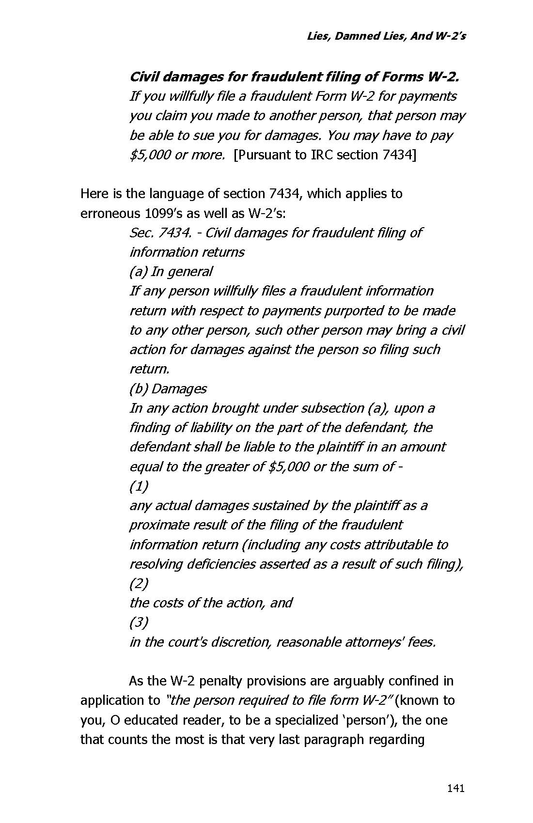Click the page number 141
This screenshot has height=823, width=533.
[455, 788]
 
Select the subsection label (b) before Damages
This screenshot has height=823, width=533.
[139, 389]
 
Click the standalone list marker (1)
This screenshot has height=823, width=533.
[139, 486]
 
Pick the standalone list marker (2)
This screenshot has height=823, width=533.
[139, 583]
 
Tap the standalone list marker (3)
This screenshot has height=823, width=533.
[139, 622]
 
